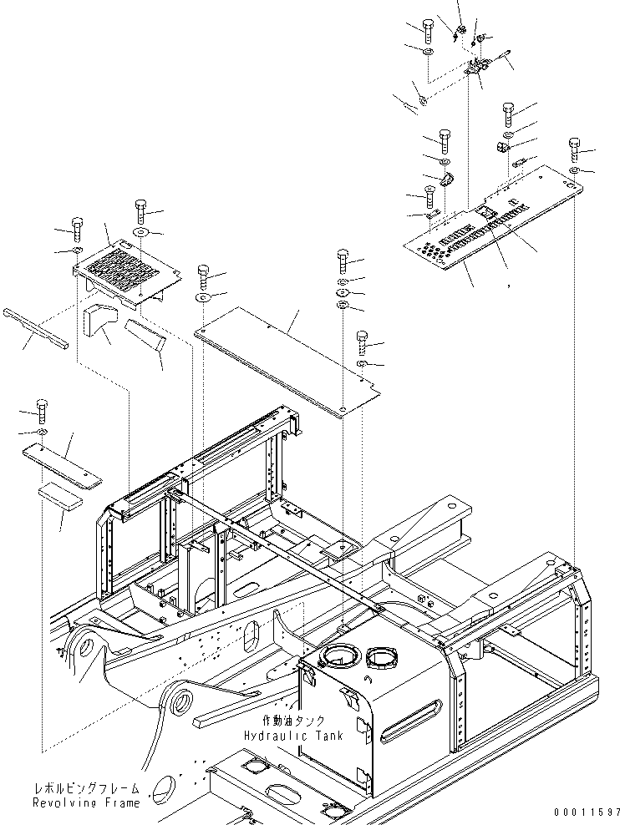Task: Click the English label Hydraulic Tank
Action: (x=293, y=735)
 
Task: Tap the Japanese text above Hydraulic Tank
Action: (x=292, y=721)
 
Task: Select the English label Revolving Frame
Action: (x=86, y=803)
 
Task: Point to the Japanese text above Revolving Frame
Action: (x=86, y=788)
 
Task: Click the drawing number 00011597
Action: (x=587, y=812)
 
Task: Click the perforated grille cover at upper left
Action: (x=127, y=272)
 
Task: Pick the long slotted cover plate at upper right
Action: (x=493, y=218)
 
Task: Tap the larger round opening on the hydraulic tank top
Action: (x=342, y=656)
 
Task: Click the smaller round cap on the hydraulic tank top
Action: (x=382, y=657)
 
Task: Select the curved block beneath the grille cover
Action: (x=100, y=320)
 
